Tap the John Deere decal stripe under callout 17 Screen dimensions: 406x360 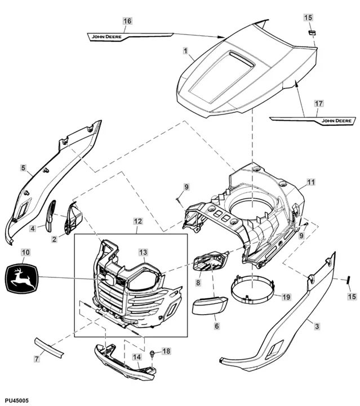click(x=313, y=120)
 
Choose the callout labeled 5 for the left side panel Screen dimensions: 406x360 click(x=23, y=167)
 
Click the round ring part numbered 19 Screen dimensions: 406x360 click(x=252, y=285)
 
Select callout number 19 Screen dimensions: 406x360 click(x=286, y=297)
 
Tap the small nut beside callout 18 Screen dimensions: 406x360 click(x=153, y=354)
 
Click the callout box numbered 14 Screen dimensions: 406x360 click(x=136, y=357)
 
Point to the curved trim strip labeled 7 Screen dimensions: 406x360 click(x=49, y=346)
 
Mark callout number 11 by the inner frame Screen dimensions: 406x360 click(x=310, y=182)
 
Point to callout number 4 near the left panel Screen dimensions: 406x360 click(x=33, y=228)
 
